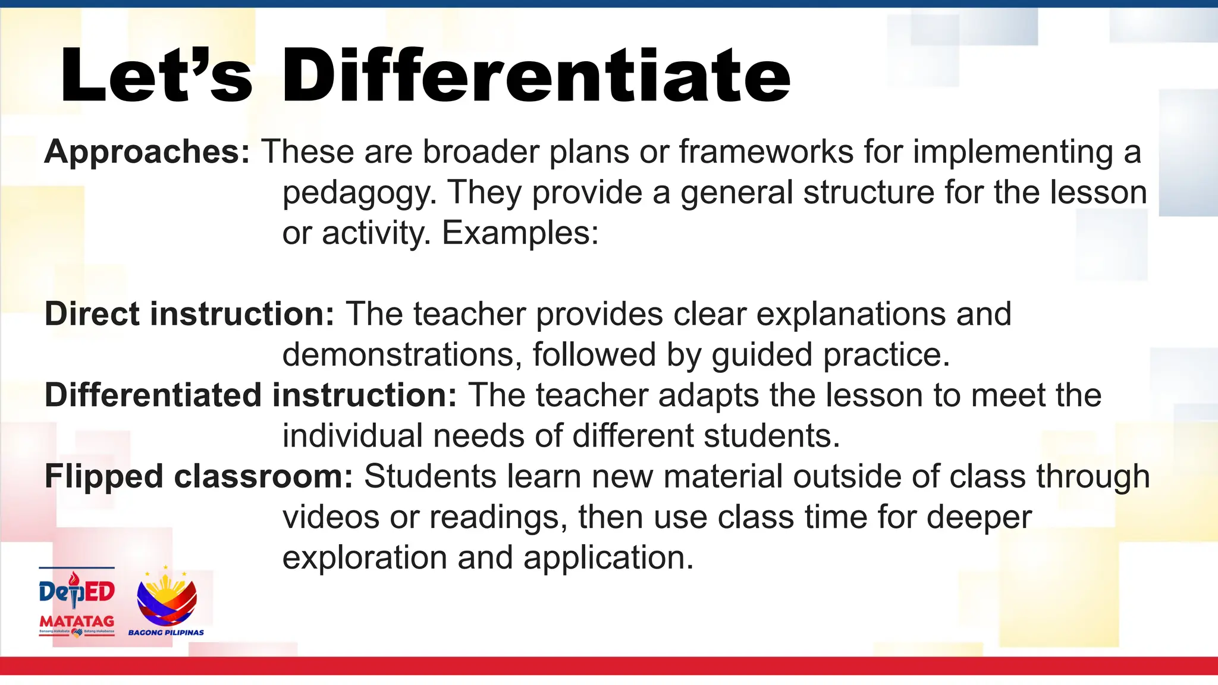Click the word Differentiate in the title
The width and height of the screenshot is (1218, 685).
pos(535,77)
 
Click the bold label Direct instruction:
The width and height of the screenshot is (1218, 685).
pos(190,314)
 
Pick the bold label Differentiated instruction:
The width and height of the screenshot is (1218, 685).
pos(250,395)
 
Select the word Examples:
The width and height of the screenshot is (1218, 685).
pos(520,233)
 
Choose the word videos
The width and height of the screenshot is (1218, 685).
pos(331,517)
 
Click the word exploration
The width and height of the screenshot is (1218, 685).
pos(364,558)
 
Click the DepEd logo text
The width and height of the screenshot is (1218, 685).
pos(77,591)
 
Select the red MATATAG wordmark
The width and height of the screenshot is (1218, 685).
pos(77,622)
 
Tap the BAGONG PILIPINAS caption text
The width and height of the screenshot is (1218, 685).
pos(166,633)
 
